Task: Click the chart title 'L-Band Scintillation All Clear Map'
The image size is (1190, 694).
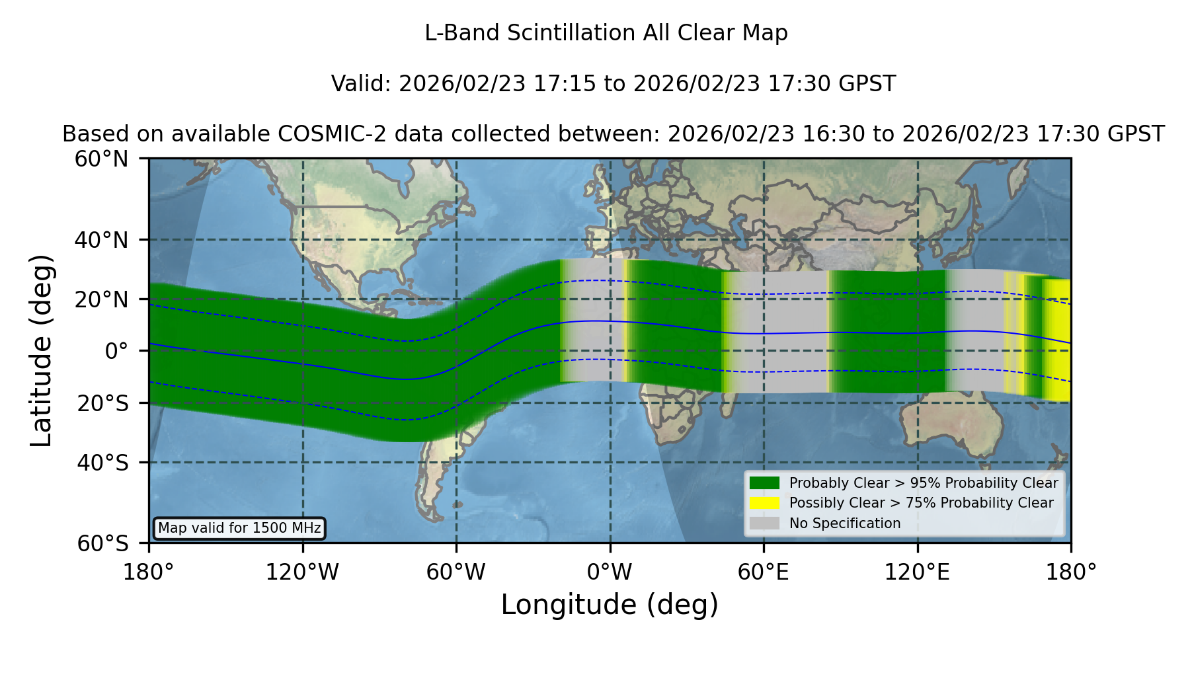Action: click(x=606, y=33)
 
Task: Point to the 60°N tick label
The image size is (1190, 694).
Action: click(x=102, y=159)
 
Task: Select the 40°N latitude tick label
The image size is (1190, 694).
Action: click(x=102, y=240)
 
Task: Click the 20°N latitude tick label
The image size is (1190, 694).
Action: click(x=102, y=299)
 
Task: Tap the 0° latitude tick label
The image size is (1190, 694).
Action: click(x=117, y=351)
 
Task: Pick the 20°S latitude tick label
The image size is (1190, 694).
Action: click(x=103, y=403)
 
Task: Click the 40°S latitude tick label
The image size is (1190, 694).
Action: click(x=103, y=463)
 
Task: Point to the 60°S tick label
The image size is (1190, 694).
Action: click(x=103, y=543)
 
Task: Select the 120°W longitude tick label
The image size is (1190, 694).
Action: click(x=303, y=572)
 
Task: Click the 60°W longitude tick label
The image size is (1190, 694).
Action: click(x=456, y=572)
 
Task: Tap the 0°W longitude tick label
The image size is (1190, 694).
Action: click(x=610, y=572)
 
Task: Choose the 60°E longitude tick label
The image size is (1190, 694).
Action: click(x=764, y=572)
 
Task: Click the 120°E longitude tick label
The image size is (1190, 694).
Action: click(x=918, y=572)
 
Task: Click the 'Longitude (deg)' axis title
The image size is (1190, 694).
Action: click(x=610, y=605)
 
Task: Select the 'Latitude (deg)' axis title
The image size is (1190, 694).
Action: click(x=41, y=350)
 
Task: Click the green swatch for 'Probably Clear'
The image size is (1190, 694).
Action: click(x=765, y=483)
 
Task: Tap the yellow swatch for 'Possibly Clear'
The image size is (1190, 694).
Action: click(x=765, y=503)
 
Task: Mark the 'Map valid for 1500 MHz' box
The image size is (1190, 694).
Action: click(x=239, y=528)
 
